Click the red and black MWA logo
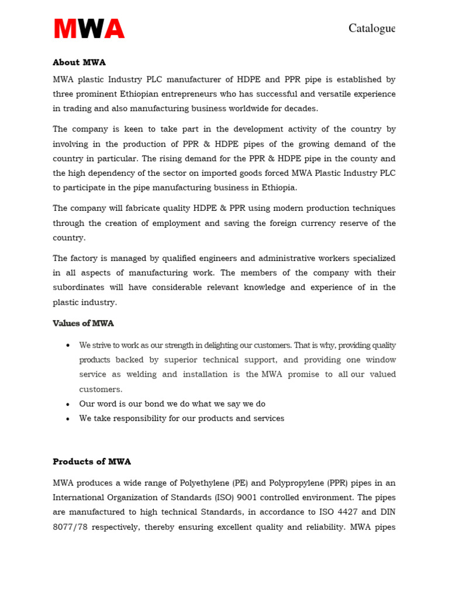[x=89, y=29]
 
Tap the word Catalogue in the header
[x=372, y=28]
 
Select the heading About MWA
[x=79, y=62]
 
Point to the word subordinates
[x=81, y=287]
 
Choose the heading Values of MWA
[x=83, y=324]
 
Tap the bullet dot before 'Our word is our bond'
[x=68, y=404]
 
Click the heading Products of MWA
[x=92, y=462]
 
